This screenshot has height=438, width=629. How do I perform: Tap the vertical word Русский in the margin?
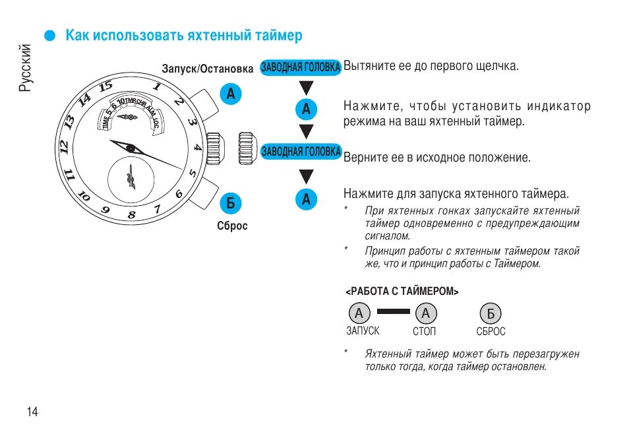tap(25, 68)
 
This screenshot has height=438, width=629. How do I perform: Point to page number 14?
tap(32, 412)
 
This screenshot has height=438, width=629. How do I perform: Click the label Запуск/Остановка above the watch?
tap(208, 69)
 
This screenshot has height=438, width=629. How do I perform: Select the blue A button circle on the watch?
tap(230, 94)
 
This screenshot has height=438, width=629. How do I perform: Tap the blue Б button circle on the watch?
tap(230, 203)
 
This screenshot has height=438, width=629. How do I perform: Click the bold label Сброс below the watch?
tap(232, 226)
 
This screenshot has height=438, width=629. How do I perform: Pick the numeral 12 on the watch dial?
tap(65, 146)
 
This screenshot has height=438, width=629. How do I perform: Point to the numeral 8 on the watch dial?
tap(132, 215)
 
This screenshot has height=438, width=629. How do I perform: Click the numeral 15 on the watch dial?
tap(105, 86)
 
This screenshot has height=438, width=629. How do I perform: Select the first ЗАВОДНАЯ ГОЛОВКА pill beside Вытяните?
tap(301, 67)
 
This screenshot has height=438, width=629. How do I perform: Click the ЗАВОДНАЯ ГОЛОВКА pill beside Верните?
tap(301, 152)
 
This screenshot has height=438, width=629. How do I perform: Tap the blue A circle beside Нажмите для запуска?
tap(306, 199)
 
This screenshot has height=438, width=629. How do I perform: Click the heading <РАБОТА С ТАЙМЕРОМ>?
tap(402, 291)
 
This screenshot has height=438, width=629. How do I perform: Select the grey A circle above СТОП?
tap(427, 313)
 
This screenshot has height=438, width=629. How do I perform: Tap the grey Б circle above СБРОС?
tap(491, 313)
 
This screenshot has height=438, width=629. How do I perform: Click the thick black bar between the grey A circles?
tap(393, 312)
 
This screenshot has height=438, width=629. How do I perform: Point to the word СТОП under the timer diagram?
tap(425, 331)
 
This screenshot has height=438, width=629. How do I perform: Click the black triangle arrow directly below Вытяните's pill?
tap(306, 88)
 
